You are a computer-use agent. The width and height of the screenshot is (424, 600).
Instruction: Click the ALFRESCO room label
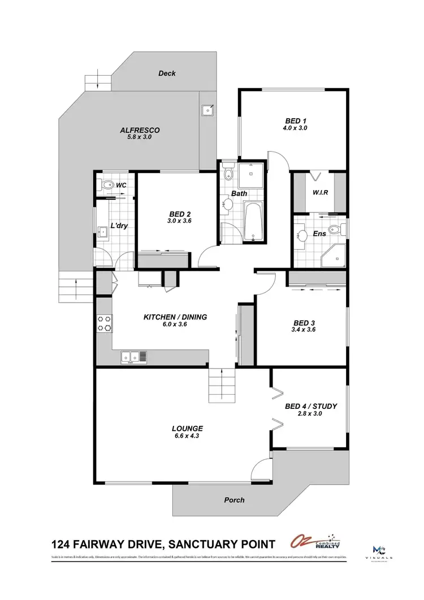140,130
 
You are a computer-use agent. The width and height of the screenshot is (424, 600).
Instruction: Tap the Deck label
167,74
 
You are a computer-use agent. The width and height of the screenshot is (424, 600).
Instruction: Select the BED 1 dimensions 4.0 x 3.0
296,128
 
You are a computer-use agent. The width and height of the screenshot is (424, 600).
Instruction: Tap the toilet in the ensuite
336,230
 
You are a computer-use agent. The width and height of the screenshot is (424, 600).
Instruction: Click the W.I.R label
321,192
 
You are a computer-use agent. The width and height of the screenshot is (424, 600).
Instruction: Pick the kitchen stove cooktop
105,323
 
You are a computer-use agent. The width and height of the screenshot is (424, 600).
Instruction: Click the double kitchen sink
134,357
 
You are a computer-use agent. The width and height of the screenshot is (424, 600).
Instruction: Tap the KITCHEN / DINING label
175,317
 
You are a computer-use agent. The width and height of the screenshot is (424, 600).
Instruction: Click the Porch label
235,500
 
